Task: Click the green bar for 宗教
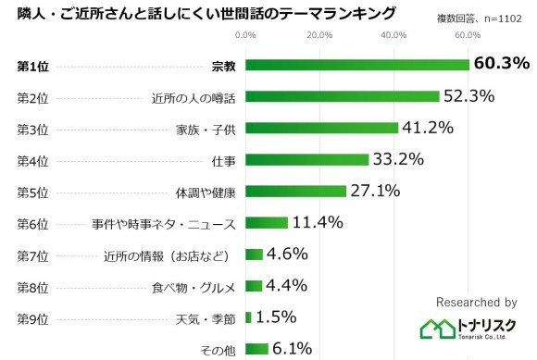[x=357, y=65]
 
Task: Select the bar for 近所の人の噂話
[x=343, y=96]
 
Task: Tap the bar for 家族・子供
[x=322, y=128]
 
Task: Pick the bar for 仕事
[x=307, y=159]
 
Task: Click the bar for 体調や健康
[x=296, y=191]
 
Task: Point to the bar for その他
[x=257, y=349]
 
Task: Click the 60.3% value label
[x=501, y=64]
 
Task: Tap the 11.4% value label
[x=318, y=222]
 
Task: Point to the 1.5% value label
[x=275, y=317]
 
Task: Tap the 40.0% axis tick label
[x=393, y=35]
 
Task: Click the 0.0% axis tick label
[x=246, y=35]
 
